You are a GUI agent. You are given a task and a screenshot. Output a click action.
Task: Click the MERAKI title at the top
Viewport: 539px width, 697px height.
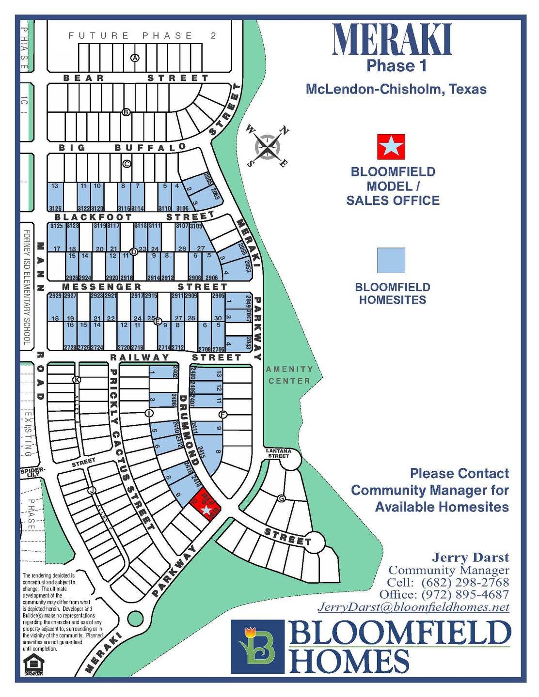(392, 39)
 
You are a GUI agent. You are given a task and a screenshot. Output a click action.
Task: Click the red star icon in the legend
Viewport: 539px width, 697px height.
(391, 147)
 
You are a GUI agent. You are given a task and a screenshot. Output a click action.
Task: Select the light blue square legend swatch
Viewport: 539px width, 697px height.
(391, 261)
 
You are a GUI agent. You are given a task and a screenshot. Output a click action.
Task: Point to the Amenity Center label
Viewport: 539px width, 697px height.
(289, 375)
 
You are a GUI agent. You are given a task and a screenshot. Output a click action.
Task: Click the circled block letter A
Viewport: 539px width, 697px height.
(135, 58)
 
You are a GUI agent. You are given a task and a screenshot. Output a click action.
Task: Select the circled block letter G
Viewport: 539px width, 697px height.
(281, 498)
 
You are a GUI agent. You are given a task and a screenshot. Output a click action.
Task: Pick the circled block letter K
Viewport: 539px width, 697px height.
(77, 380)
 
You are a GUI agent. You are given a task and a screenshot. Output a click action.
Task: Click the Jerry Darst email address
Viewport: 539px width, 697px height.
(413, 607)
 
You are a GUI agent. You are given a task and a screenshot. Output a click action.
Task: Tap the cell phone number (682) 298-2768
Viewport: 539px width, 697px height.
(465, 582)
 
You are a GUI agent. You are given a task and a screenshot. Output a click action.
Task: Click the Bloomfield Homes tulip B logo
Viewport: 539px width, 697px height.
(257, 647)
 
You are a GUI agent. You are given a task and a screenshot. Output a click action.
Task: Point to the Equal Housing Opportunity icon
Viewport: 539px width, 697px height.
(33, 666)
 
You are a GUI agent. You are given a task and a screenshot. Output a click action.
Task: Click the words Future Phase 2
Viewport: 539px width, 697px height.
(143, 35)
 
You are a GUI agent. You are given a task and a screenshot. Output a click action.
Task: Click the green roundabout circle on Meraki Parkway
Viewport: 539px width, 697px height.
(135, 618)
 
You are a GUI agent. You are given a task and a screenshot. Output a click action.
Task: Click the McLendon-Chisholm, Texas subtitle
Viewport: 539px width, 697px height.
(396, 89)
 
